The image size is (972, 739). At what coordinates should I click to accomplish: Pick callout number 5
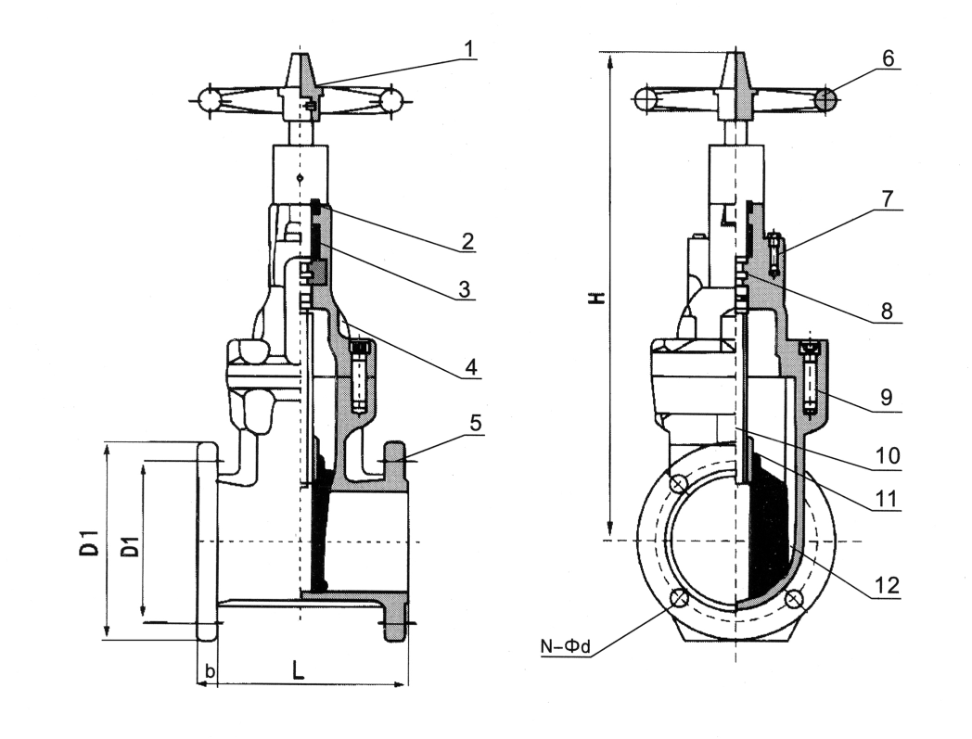tap(474, 424)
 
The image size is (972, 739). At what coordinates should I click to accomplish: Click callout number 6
tap(888, 57)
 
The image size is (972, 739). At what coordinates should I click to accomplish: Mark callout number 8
tap(888, 312)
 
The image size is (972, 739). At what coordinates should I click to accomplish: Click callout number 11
tap(888, 498)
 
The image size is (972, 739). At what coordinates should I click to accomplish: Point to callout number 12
tap(888, 586)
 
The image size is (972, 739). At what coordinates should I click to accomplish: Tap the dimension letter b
tap(210, 670)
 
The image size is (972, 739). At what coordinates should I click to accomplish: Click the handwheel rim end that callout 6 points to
tap(828, 97)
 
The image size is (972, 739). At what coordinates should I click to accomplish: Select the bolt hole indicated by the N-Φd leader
tap(680, 599)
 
